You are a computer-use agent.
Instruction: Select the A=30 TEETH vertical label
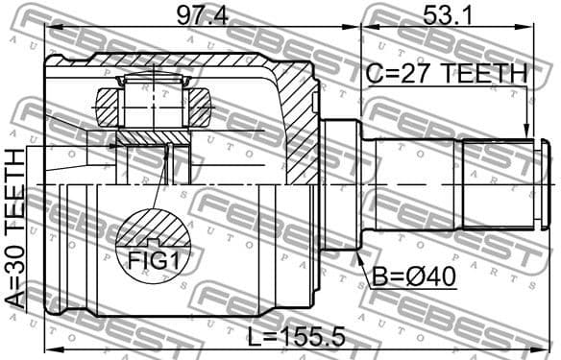16,227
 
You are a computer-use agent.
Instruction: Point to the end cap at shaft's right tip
545,182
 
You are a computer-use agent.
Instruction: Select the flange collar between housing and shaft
337,182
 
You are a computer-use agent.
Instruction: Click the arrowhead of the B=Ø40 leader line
358,253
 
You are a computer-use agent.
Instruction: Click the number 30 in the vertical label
16,255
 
